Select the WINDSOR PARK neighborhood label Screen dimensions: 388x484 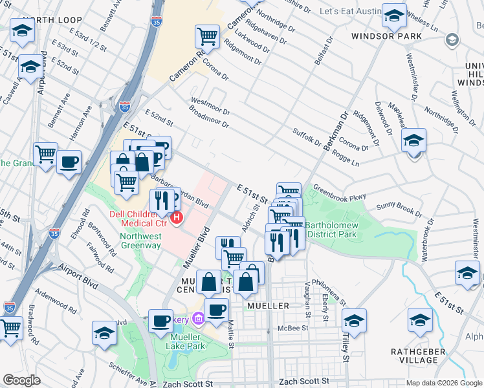381,36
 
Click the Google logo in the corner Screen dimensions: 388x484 21,380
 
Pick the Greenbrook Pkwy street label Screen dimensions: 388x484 340,193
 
